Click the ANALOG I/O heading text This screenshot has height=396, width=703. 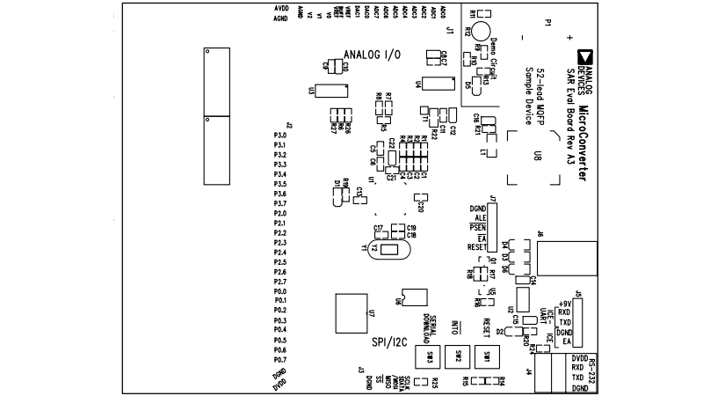click(372, 55)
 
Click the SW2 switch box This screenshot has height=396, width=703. click(459, 356)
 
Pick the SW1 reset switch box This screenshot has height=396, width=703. click(487, 356)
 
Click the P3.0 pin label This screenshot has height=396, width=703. click(280, 136)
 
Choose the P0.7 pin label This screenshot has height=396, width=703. click(280, 360)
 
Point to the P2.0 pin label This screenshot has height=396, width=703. click(280, 214)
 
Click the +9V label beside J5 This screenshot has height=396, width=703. click(565, 304)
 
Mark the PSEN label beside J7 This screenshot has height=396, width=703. click(478, 227)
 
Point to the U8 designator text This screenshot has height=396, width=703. click(537, 157)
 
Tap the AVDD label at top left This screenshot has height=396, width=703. click(281, 8)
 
